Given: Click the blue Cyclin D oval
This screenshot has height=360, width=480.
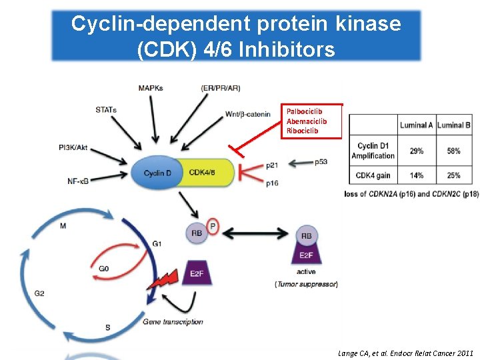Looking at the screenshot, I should click(157, 173).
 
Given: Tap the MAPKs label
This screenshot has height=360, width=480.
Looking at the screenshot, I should click(151, 88).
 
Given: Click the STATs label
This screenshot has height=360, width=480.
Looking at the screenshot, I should click(106, 109).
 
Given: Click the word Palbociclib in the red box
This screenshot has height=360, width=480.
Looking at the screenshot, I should click(304, 111).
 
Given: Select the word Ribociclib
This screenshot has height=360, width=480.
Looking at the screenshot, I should click(302, 131).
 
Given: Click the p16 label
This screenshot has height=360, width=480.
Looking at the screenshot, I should click(272, 183).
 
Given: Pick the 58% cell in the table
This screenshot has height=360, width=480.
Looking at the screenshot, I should click(453, 151).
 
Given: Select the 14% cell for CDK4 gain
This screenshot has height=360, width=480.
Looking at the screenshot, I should click(417, 175).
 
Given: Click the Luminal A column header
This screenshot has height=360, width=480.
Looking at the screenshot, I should click(417, 125).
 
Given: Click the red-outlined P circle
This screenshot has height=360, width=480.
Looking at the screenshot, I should click(213, 227).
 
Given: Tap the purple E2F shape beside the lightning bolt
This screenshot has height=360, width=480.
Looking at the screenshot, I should click(197, 273).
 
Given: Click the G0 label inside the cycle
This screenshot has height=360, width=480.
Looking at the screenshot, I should click(104, 269).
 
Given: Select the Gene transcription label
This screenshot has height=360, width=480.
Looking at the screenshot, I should click(173, 322).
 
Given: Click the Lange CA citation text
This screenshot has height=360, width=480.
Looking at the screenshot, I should click(406, 353).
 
